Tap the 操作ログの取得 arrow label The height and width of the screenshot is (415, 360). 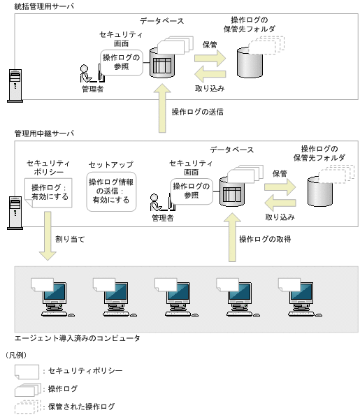(x=265, y=240)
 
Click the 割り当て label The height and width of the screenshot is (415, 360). (x=70, y=239)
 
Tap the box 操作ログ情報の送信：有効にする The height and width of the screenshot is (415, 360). (x=110, y=191)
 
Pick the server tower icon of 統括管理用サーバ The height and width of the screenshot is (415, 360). (x=13, y=85)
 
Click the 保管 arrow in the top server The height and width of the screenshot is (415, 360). (x=210, y=57)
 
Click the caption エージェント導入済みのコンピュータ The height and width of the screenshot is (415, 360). (x=78, y=338)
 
